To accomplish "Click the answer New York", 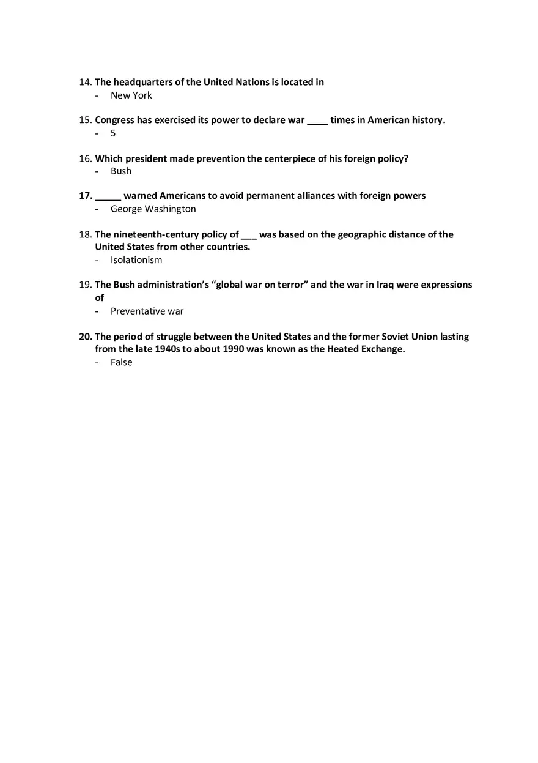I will click(131, 95).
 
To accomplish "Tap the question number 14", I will click(85, 82).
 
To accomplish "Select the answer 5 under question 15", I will click(113, 133).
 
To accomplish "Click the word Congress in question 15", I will click(114, 120).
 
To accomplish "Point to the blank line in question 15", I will click(317, 122).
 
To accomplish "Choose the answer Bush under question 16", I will click(121, 171).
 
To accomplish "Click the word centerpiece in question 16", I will click(290, 158).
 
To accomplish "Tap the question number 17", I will click(85, 196).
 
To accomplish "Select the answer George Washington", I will click(153, 209).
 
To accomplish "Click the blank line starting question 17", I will click(108, 198).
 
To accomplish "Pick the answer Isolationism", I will click(136, 260).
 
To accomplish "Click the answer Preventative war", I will click(147, 311).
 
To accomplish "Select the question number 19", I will click(85, 285).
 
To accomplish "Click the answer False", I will click(121, 362).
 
